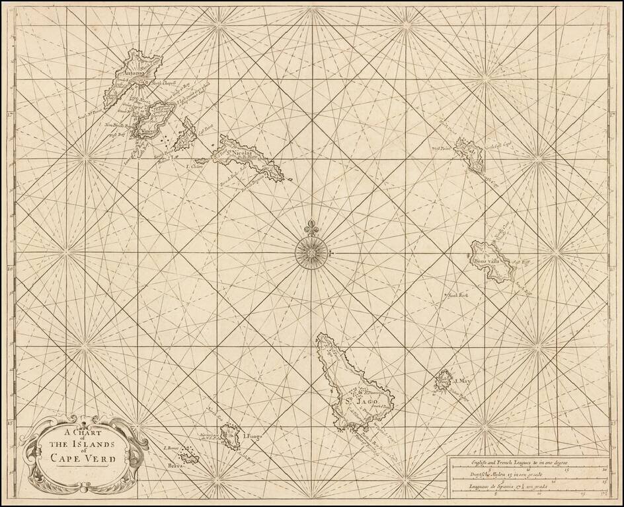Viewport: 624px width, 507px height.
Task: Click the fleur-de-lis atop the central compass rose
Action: [x=311, y=229]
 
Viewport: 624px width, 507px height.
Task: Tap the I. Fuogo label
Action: [x=253, y=436]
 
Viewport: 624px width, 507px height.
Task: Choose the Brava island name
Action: [x=175, y=465]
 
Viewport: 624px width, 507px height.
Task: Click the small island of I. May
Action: [x=443, y=380]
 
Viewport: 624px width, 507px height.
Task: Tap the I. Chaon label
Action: [x=194, y=167]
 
